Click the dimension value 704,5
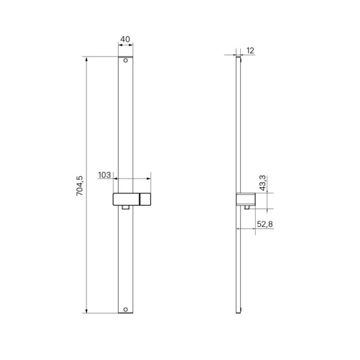pyautogui.click(x=81, y=185)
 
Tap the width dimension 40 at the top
pyautogui.click(x=125, y=39)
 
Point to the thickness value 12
pyautogui.click(x=251, y=50)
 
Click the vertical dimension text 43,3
pyautogui.click(x=263, y=183)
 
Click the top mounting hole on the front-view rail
pyautogui.click(x=126, y=60)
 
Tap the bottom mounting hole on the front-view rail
pyautogui.click(x=126, y=310)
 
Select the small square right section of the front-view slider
pyautogui.click(x=145, y=199)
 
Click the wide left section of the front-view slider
pyautogui.click(x=126, y=199)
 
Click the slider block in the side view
pyautogui.click(x=246, y=199)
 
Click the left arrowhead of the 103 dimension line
pyautogui.click(x=115, y=179)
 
